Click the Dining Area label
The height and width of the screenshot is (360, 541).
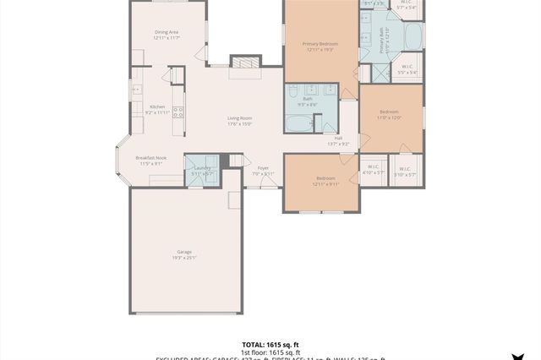tap(167, 35)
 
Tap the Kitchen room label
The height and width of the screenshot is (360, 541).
tap(158, 109)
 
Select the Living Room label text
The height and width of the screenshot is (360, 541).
tap(240, 121)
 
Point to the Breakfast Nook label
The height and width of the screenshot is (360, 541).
tap(150, 161)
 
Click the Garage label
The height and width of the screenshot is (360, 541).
tap(184, 254)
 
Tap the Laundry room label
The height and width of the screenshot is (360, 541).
tap(202, 170)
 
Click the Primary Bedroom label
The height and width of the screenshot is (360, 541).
tap(320, 46)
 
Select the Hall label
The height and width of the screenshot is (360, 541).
tap(338, 140)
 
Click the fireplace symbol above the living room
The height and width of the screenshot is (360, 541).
tap(243, 63)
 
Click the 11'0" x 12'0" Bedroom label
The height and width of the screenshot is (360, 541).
tap(390, 115)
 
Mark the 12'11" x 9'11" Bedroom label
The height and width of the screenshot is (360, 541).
tap(325, 181)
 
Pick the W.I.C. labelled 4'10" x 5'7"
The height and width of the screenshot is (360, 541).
tap(373, 170)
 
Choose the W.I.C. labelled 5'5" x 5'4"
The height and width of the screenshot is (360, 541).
tap(407, 69)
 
